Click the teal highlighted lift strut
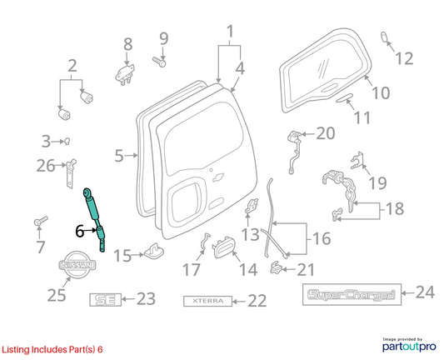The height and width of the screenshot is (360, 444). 94,218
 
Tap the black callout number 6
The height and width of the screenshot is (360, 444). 80,231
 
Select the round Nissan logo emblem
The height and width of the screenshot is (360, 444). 77,265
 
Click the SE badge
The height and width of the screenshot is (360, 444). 106,300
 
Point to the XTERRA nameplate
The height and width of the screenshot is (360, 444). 208,301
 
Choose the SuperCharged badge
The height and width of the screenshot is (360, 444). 352,294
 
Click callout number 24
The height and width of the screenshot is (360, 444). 425,292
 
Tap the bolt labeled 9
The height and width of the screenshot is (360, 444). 159,62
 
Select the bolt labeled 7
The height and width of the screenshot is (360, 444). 41,221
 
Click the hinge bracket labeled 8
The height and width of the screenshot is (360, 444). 125,74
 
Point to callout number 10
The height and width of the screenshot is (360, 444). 381,92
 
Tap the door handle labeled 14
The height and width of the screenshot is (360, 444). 224,247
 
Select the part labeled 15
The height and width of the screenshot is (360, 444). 155,250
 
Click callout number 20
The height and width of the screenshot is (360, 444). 326,133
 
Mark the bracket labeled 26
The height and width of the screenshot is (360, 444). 71,173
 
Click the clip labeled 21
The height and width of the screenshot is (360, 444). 276,267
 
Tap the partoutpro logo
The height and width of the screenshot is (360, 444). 409,345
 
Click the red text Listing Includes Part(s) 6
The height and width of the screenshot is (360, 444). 52,349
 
